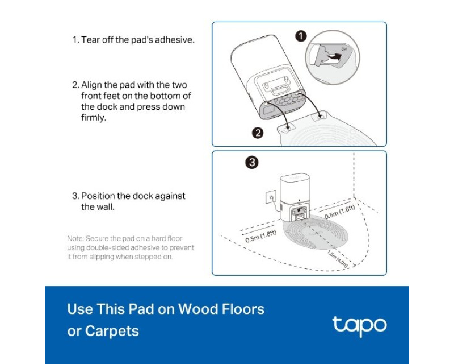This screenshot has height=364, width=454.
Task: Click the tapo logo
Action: point(359,326)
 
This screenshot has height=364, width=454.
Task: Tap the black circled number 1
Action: point(301,36)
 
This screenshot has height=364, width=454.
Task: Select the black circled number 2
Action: point(258,133)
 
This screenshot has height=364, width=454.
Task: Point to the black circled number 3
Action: point(252,162)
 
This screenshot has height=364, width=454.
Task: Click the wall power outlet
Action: point(271,198)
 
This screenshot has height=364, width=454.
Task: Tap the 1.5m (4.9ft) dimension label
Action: point(338,259)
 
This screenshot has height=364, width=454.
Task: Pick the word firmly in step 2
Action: point(94,118)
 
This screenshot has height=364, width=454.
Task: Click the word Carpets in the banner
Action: point(112,331)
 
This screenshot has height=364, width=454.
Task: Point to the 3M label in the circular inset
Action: point(344,49)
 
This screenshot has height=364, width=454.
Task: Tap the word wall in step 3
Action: point(105,207)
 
